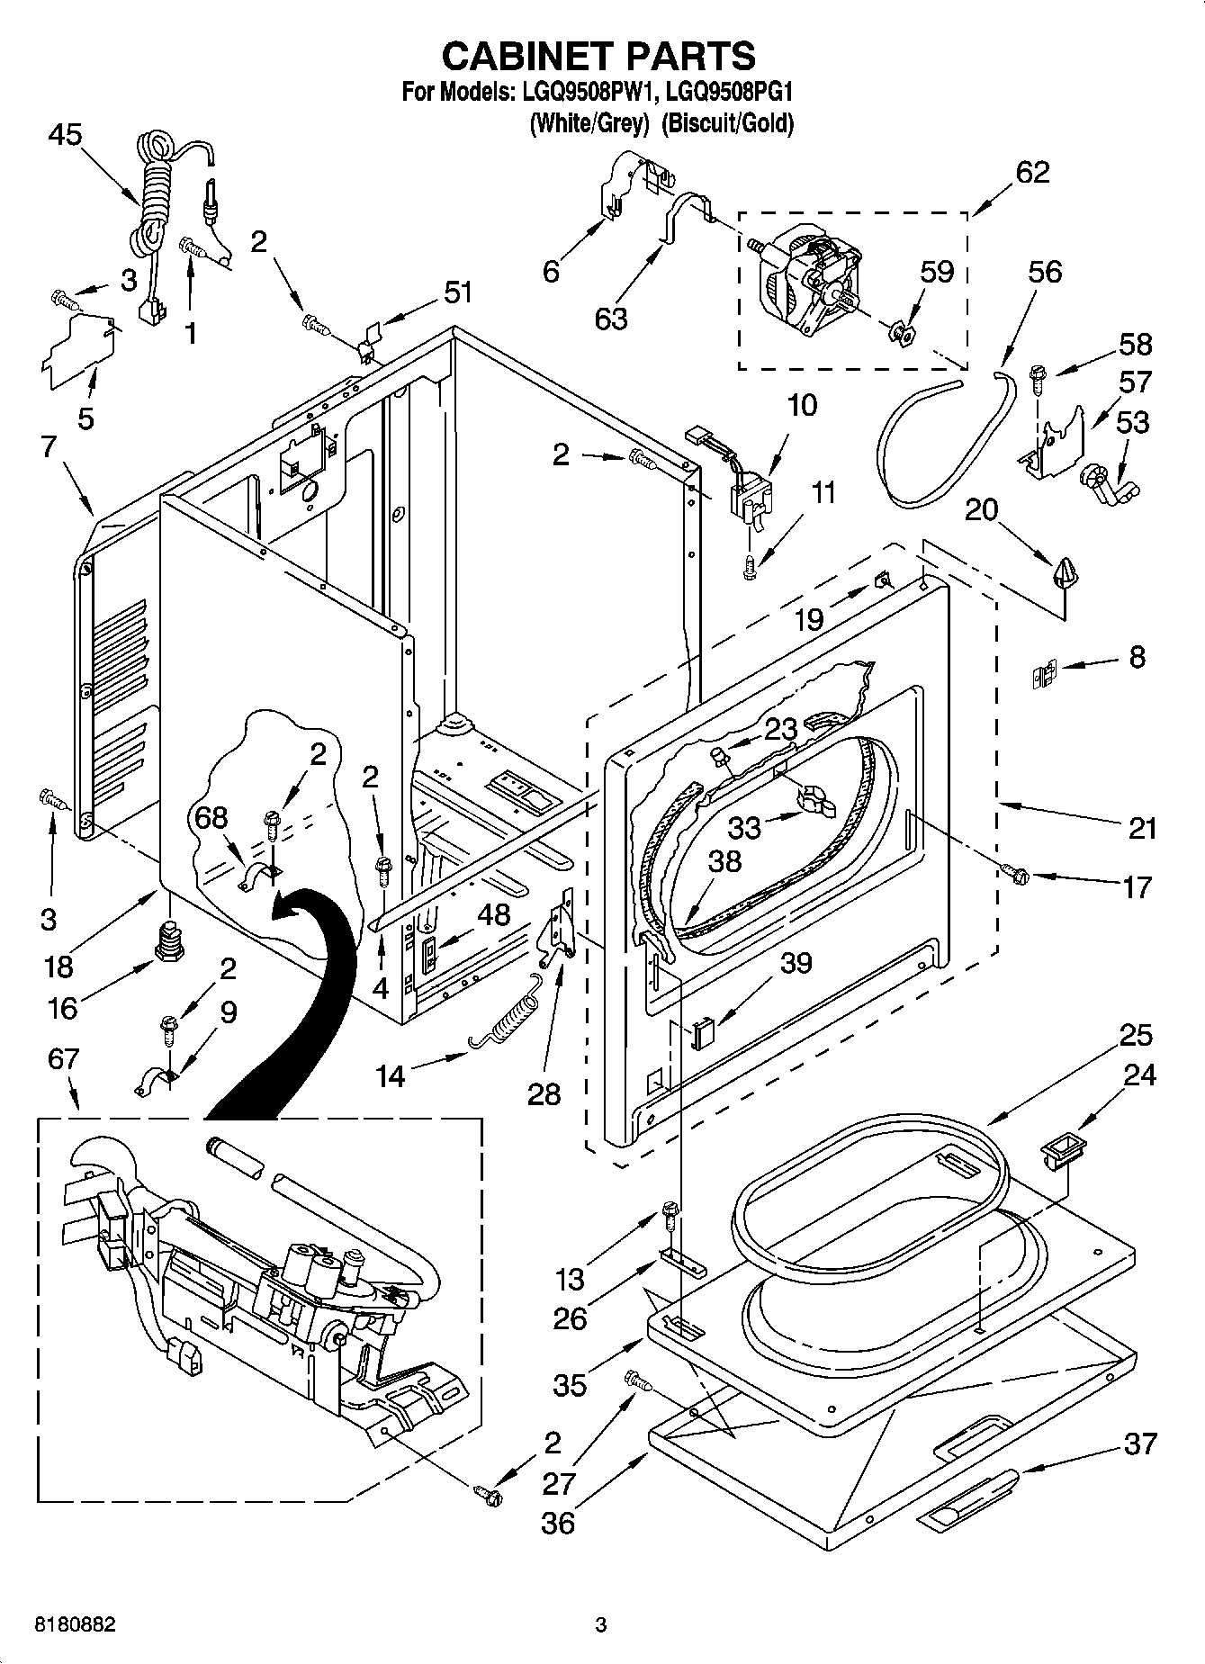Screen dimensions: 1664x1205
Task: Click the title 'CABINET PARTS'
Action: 598,56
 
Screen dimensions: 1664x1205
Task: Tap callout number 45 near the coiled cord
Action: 65,135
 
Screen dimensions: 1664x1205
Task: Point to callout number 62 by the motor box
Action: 1032,172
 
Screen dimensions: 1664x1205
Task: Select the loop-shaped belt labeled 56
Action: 936,441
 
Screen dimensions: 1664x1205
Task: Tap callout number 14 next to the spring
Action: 390,1075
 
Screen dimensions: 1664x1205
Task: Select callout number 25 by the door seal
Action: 1136,1035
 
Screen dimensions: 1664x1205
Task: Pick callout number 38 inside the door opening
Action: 724,861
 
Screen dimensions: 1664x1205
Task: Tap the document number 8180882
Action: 75,1625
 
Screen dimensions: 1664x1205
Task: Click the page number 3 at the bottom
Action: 600,1625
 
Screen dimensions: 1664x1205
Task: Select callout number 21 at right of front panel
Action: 1141,827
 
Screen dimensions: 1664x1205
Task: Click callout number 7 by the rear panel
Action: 48,445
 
